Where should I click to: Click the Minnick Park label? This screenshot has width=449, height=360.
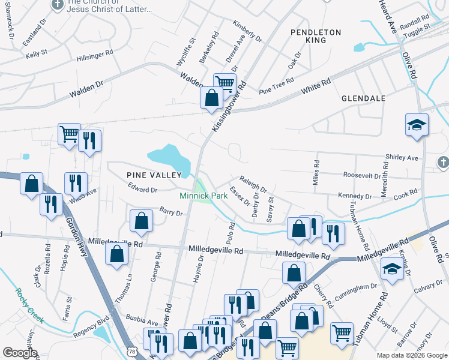[x=202, y=196]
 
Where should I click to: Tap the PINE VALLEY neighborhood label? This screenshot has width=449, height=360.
[x=154, y=175]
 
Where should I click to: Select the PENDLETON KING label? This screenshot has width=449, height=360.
[x=316, y=36]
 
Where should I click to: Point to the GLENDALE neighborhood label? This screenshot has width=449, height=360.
[x=363, y=98]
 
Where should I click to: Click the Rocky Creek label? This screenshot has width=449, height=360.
[x=28, y=305]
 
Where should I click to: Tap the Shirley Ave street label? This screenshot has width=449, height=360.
[x=402, y=158]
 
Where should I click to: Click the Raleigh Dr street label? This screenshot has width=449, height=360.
[x=252, y=182]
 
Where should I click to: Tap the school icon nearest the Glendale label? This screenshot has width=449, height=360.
[x=417, y=125]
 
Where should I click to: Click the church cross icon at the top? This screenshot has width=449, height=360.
[x=57, y=5]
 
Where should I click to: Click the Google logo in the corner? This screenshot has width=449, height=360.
[x=20, y=353]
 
